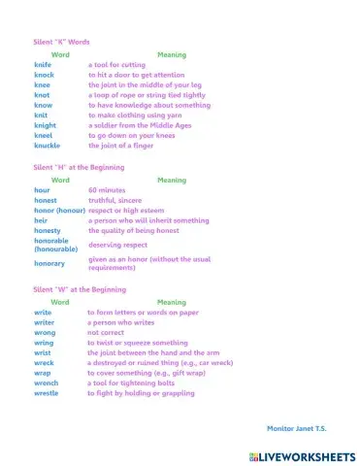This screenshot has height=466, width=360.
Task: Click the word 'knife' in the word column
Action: [42, 64]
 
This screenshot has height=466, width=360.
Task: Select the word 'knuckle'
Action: [47, 145]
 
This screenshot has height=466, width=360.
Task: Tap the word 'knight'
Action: [45, 124]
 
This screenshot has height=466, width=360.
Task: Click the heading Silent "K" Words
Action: [61, 43]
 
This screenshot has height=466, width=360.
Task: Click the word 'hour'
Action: [42, 190]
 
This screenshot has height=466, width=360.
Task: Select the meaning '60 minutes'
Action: [107, 190]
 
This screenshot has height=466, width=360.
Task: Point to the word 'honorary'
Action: [49, 263]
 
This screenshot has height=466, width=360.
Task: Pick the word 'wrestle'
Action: [47, 393]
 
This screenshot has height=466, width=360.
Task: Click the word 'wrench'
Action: [46, 383]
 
